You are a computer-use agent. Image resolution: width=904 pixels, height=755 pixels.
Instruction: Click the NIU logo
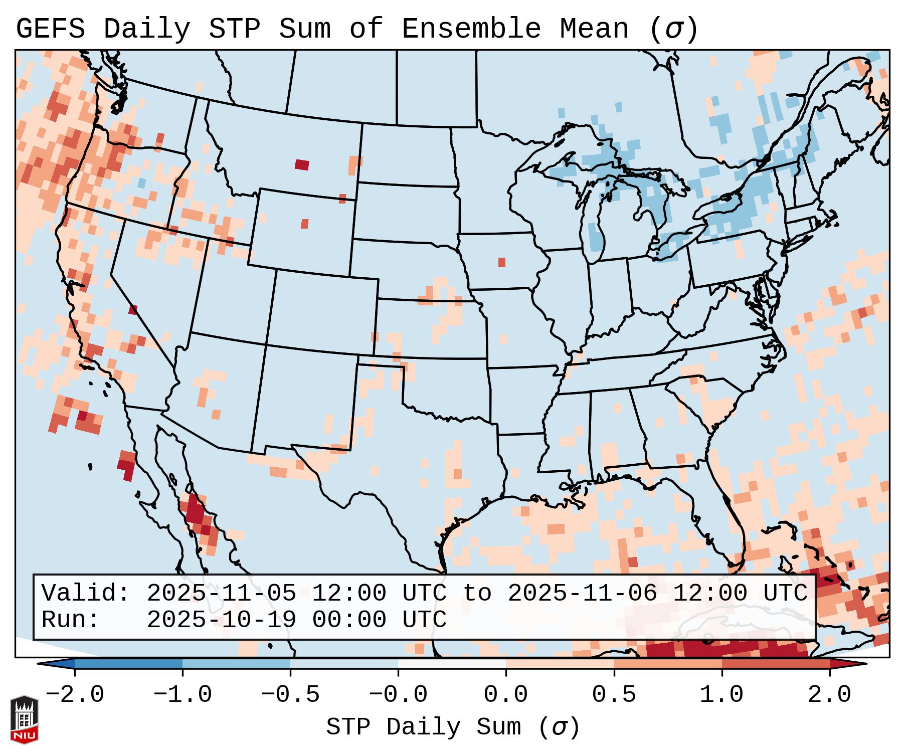click(x=24, y=719)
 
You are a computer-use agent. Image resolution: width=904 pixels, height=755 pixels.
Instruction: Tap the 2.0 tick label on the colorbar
click(x=829, y=695)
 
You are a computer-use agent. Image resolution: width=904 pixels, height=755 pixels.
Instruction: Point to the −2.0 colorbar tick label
click(x=75, y=695)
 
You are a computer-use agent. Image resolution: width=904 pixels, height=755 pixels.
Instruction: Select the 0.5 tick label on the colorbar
click(x=614, y=695)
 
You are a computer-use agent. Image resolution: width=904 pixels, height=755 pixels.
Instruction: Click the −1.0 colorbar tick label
click(x=183, y=695)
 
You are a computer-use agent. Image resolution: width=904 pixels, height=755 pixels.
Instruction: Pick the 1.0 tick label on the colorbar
click(x=721, y=695)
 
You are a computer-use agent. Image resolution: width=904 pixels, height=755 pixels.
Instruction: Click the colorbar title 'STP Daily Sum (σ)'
click(x=453, y=727)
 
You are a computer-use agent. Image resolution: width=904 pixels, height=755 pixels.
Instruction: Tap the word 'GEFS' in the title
click(x=50, y=29)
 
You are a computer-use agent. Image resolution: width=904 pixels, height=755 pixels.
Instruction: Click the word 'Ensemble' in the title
click(x=471, y=29)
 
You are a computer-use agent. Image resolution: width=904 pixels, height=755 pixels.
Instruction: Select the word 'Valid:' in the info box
click(x=86, y=593)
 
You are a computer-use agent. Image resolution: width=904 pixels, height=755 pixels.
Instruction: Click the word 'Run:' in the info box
click(x=71, y=620)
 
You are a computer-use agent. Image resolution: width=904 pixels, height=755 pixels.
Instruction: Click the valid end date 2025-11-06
click(x=582, y=593)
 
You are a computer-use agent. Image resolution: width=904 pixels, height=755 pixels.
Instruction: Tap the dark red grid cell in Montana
click(x=302, y=164)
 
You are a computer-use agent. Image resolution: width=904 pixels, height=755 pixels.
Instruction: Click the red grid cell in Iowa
click(x=502, y=262)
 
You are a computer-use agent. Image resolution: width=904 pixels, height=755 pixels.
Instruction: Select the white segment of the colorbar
click(x=452, y=664)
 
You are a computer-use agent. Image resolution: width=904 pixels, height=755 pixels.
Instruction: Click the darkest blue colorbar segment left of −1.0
click(x=128, y=664)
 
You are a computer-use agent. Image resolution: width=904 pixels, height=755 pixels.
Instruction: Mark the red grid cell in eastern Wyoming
click(x=305, y=224)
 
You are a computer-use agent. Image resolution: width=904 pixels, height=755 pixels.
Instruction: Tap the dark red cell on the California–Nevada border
click(x=133, y=310)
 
